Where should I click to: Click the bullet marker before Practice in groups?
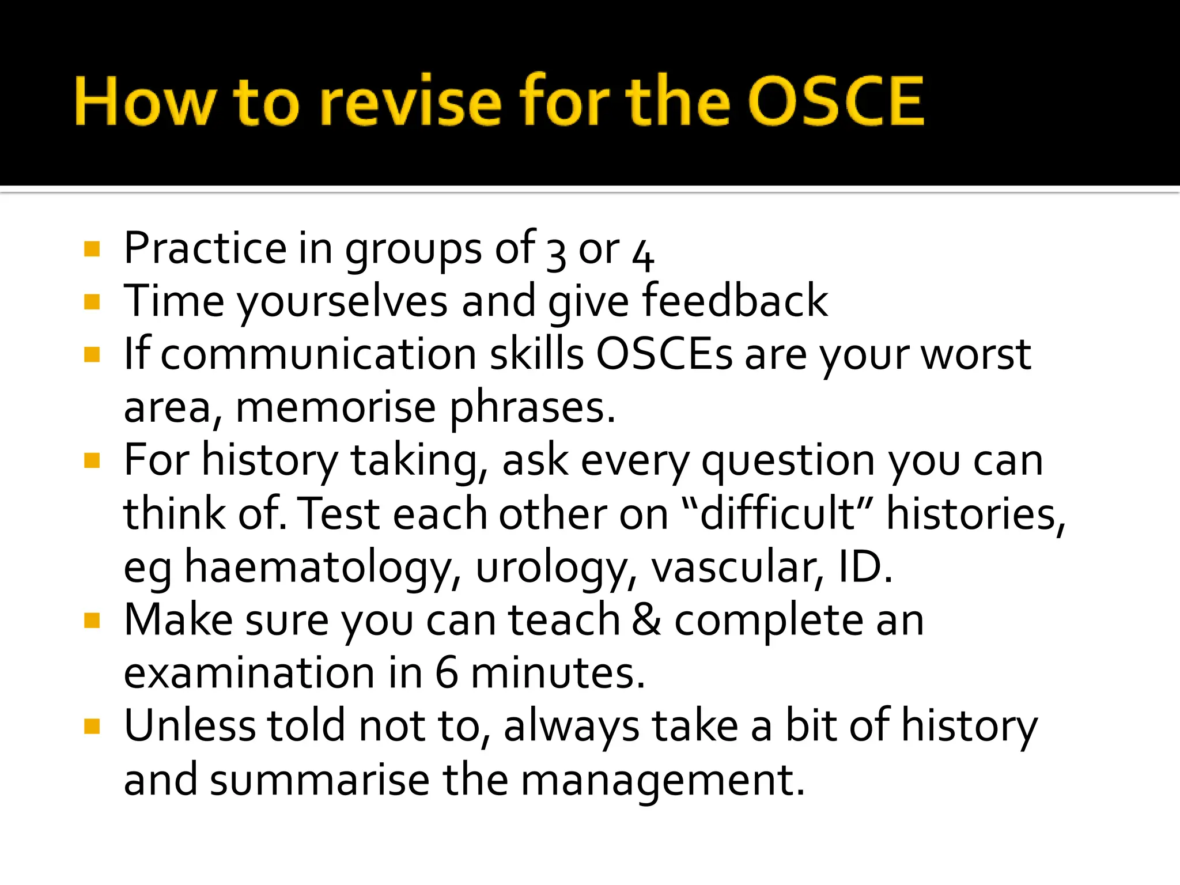92,249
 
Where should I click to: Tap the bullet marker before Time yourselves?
92,302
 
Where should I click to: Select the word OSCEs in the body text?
664,354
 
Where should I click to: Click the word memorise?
335,407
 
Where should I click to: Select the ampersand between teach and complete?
646,620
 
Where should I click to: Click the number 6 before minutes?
447,673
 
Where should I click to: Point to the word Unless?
189,725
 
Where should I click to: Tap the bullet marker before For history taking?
92,461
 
